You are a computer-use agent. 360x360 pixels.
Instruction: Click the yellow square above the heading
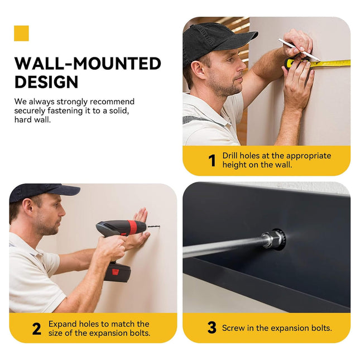point(21,33)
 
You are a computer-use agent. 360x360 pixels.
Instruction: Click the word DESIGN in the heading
point(46,82)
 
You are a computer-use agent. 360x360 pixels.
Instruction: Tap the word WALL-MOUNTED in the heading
point(88,64)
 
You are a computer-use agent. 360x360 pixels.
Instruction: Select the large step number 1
point(212,160)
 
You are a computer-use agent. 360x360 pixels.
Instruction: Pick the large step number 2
point(37,329)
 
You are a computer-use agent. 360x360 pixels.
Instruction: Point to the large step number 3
point(212,328)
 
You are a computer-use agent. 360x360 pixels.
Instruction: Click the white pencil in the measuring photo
point(299,50)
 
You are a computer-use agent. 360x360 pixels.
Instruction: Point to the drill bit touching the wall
point(153,227)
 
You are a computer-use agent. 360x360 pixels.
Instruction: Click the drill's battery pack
point(118,272)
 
